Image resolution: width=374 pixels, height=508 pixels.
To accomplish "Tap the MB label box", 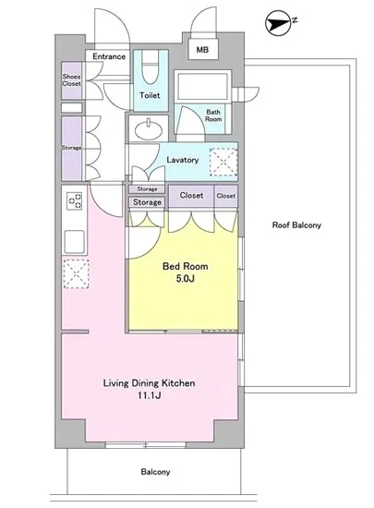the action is tap(203, 50).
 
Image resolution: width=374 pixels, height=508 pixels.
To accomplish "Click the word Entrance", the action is tap(109, 56).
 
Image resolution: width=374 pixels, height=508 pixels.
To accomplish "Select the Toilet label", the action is tap(150, 95).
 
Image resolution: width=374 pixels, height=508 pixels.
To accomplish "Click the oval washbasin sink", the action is tap(149, 130).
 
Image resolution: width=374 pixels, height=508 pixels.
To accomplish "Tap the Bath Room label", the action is tap(213, 115).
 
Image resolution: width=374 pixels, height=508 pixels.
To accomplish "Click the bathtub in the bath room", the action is tap(202, 86).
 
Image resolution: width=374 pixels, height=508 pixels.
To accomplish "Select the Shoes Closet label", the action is tap(71, 80).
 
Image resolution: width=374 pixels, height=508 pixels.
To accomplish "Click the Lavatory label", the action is tap(182, 160).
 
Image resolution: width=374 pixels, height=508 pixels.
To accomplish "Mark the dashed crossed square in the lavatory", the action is tap(223, 162).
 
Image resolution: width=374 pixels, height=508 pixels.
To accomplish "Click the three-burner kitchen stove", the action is tap(75, 200).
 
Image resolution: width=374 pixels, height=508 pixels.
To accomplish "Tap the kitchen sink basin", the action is tap(75, 241).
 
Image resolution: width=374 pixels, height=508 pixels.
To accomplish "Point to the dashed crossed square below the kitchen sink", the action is tap(76, 273).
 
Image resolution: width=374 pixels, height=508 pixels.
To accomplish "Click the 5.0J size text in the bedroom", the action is tap(186, 278).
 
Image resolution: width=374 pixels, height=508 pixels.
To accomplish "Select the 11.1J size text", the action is tap(150, 395).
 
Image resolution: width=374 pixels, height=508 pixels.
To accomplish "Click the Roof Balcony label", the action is tap(296, 225).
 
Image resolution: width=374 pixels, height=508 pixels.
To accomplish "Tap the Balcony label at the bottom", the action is tap(155, 472).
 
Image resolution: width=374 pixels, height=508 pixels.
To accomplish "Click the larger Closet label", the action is tap(192, 196).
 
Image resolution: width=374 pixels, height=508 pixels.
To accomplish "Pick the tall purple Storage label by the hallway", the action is tap(71, 148).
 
